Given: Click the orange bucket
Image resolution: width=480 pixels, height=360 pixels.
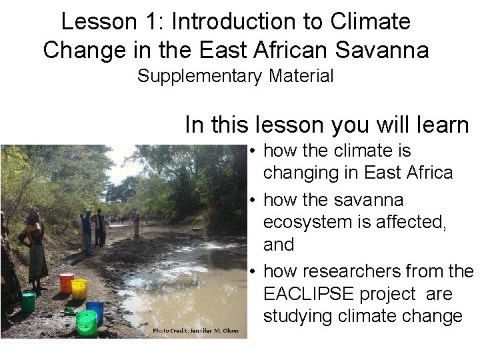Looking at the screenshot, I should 67,283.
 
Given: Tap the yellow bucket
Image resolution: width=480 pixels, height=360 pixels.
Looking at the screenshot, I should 79,289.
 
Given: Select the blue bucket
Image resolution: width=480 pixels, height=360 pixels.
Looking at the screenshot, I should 95,311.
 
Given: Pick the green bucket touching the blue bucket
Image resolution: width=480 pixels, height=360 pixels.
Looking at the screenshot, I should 87,323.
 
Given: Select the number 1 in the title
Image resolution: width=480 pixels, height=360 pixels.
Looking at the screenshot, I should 153,22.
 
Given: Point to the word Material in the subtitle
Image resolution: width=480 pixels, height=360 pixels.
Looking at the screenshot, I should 301,77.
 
